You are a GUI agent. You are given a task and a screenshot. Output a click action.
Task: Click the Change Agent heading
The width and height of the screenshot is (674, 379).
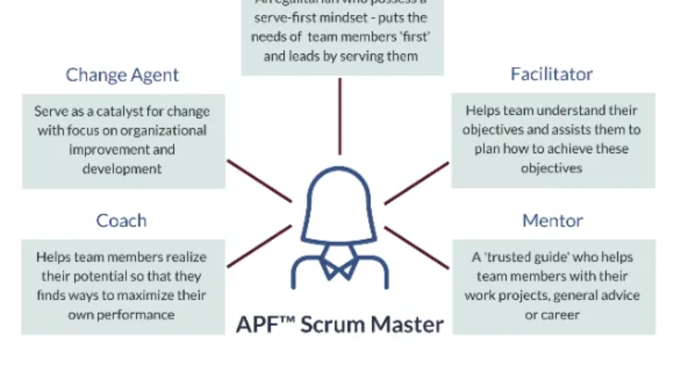point(122,75)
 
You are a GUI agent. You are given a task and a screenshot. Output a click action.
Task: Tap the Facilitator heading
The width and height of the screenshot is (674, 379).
point(551,74)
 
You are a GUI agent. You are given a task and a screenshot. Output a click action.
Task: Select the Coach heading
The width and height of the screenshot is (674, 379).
point(121,220)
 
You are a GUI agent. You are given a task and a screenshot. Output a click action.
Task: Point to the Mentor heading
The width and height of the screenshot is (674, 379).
point(552,220)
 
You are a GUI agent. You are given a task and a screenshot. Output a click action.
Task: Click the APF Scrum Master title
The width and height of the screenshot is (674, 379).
point(340,324)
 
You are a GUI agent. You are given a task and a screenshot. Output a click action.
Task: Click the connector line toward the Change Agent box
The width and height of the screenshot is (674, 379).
point(259,181)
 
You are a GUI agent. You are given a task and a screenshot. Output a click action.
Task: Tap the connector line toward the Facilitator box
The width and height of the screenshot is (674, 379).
point(417,183)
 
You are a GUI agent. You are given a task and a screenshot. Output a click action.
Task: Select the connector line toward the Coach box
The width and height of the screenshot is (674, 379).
point(259,246)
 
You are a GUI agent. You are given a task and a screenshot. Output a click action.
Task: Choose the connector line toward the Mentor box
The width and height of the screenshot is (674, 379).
point(417,248)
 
